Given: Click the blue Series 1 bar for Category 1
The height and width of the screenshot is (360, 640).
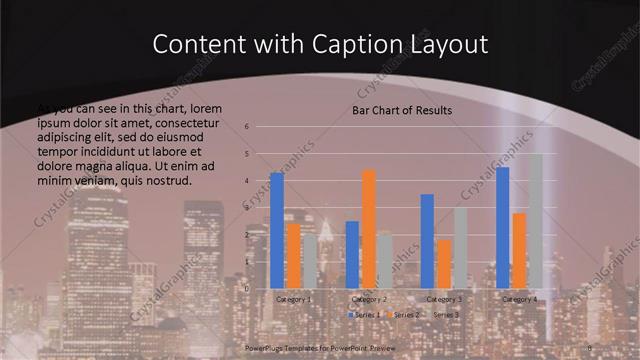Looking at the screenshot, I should (277, 231).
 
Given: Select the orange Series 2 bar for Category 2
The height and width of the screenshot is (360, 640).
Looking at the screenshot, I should (369, 229).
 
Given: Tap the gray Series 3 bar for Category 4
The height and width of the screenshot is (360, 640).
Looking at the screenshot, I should (535, 221).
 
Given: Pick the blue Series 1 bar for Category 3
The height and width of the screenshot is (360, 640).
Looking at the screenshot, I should (427, 241).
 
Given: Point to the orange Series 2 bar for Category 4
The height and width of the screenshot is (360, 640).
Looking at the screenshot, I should (518, 251).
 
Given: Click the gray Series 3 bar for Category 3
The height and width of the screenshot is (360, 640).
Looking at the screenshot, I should (460, 248).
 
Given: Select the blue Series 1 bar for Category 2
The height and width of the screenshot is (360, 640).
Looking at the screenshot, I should (352, 255).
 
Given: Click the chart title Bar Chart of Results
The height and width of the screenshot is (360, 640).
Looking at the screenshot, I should (402, 110).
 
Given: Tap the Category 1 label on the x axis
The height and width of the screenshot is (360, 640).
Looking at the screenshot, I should (294, 299).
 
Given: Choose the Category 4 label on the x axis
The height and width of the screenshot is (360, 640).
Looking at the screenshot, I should (519, 299).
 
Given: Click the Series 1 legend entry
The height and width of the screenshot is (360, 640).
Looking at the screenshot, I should (365, 315).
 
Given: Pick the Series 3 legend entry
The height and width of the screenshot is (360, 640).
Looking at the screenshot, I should (446, 315).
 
